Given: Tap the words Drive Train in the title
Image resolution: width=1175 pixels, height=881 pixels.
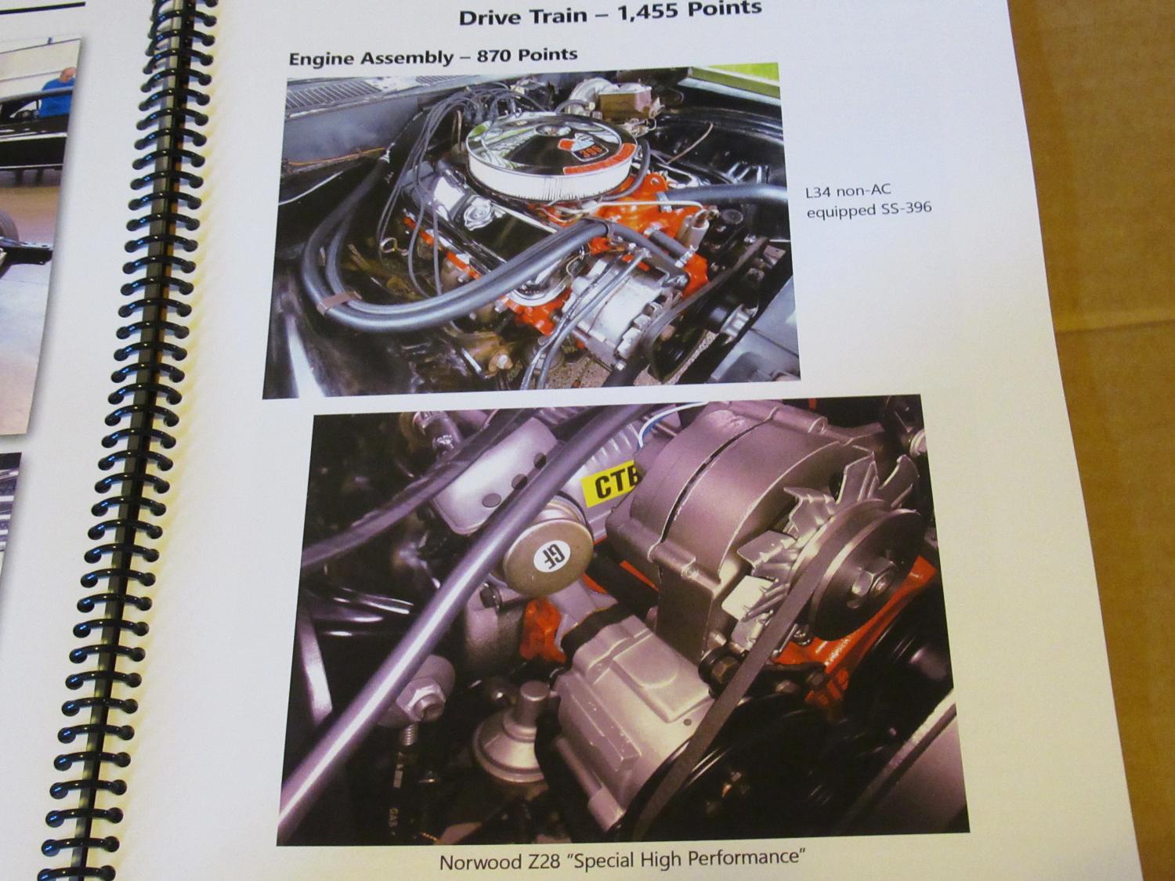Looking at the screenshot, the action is [x=522, y=16].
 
